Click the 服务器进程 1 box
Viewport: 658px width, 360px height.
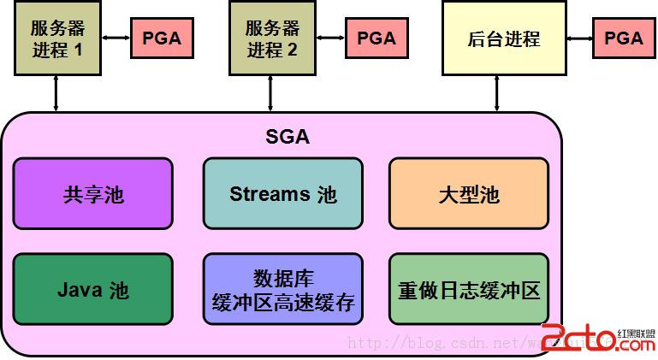pos(57,39)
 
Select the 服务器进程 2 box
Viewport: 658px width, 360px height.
pos(272,39)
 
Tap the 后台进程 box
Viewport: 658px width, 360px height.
pos(504,39)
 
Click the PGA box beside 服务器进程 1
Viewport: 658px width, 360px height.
pos(162,38)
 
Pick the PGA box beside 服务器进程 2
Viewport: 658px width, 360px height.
pos(376,38)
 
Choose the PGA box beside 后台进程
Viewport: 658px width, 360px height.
pos(623,38)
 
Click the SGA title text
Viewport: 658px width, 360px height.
pos(288,137)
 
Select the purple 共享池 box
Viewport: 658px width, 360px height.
pos(93,194)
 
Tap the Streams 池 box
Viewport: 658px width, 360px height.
pos(282,194)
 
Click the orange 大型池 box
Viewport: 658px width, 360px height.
pos(468,194)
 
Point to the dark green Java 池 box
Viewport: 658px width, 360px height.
pos(93,289)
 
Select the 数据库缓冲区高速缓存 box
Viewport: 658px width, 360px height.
pos(282,289)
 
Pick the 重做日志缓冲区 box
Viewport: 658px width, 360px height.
pos(468,289)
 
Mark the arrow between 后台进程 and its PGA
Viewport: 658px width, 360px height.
pos(579,38)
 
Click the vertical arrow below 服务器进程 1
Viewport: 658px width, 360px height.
pos(56,93)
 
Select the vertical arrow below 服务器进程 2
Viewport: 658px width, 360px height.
pos(271,93)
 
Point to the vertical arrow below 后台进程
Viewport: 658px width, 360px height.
pos(498,93)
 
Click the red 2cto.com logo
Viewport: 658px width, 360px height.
pos(598,339)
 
